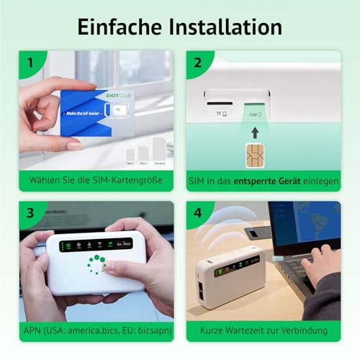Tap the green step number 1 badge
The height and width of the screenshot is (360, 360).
pyautogui.click(x=30, y=63)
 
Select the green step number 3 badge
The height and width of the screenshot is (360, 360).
pyautogui.click(x=30, y=213)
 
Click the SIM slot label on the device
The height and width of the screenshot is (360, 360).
pyautogui.click(x=254, y=113)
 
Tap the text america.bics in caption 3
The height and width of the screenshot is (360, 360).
pyautogui.click(x=84, y=331)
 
